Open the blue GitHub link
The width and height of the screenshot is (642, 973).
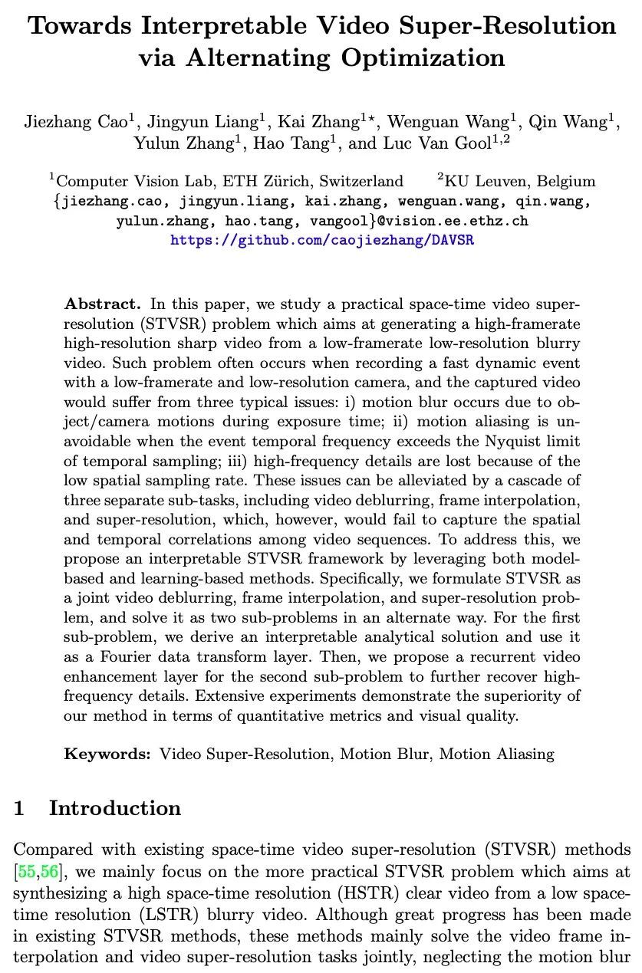coord(321,240)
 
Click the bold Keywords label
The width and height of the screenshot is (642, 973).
coord(107,754)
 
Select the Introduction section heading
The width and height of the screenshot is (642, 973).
coord(115,808)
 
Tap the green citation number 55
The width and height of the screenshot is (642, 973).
coord(28,870)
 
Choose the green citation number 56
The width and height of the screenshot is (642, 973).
coord(48,870)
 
